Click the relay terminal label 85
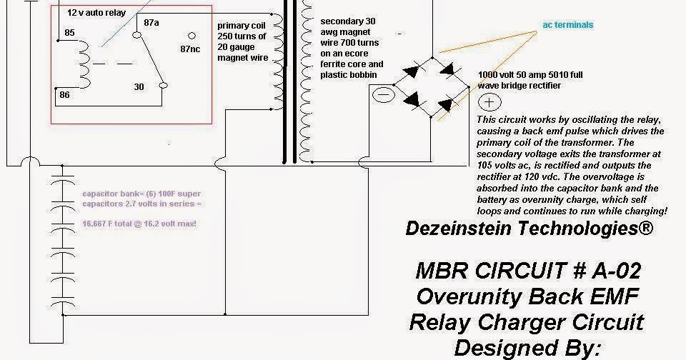pos(69,32)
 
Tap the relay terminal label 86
pos(64,94)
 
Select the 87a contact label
pos(151,23)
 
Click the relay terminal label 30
pos(139,86)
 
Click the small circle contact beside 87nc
pos(191,35)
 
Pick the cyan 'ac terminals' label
pos(568,25)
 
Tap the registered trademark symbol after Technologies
pos(646,228)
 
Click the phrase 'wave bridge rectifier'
pos(520,86)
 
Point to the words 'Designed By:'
pos(527,348)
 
